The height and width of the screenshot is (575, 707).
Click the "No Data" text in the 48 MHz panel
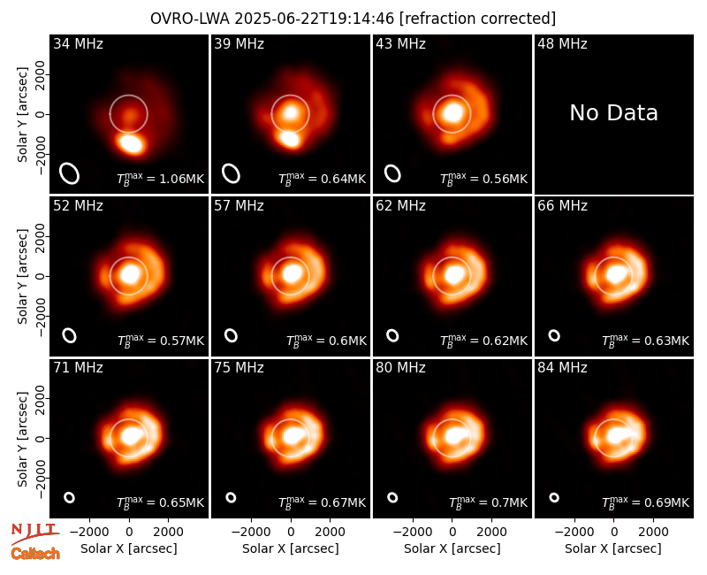tap(613, 113)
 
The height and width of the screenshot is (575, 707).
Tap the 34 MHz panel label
tap(78, 43)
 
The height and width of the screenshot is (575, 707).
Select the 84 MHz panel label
tap(562, 368)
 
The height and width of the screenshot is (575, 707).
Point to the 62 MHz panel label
tap(400, 206)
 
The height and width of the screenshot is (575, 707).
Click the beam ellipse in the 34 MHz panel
tap(70, 173)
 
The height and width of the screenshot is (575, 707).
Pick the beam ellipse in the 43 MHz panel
tap(392, 173)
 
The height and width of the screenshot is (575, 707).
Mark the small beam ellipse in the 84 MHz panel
tap(554, 497)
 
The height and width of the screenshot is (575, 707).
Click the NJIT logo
tap(35, 533)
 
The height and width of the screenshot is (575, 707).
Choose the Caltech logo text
tap(35, 554)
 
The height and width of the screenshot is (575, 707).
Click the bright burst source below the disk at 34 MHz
tap(131, 143)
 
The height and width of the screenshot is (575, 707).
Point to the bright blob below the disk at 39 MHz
tap(289, 138)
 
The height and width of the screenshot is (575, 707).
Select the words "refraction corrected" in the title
tap(478, 19)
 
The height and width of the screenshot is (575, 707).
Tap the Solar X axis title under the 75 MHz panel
tap(291, 548)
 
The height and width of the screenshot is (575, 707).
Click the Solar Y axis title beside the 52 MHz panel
tap(22, 276)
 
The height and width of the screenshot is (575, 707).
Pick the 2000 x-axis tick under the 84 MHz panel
tap(653, 533)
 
